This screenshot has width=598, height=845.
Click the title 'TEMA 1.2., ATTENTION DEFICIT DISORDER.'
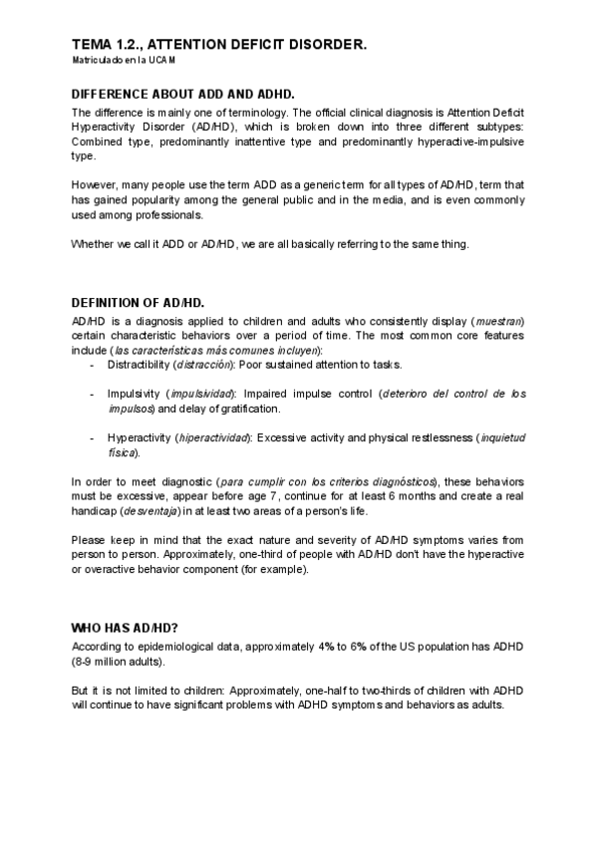click(x=219, y=45)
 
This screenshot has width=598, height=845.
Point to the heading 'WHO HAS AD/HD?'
click(x=125, y=628)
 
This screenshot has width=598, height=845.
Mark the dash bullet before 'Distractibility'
click(x=92, y=366)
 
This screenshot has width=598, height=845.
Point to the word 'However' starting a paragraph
click(x=95, y=186)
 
